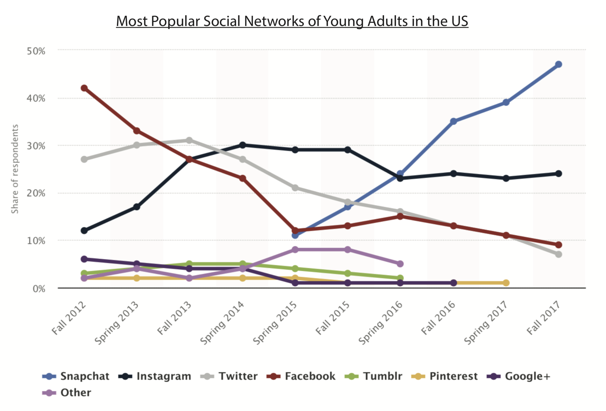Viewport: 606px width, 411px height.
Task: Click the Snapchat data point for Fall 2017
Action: click(558, 64)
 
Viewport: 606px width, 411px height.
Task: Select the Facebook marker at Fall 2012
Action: click(84, 88)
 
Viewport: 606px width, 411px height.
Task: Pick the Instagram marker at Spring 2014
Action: click(243, 145)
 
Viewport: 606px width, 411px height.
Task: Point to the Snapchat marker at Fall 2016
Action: click(454, 121)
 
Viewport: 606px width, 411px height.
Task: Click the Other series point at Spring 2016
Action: click(400, 264)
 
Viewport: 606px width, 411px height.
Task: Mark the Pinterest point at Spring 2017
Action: click(506, 283)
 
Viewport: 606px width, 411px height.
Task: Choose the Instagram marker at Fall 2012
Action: click(84, 230)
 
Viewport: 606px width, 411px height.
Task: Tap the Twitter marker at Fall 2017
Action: click(558, 254)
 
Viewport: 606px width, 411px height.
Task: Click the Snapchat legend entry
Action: click(76, 376)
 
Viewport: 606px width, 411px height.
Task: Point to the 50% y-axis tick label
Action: click(36, 51)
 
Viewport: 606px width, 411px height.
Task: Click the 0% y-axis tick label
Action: click(39, 289)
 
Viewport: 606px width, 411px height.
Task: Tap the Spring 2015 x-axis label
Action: click(275, 323)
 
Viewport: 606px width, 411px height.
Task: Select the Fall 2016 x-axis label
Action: click(439, 318)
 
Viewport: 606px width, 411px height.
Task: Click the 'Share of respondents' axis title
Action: click(15, 169)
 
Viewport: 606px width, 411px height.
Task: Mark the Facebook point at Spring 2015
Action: click(295, 231)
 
